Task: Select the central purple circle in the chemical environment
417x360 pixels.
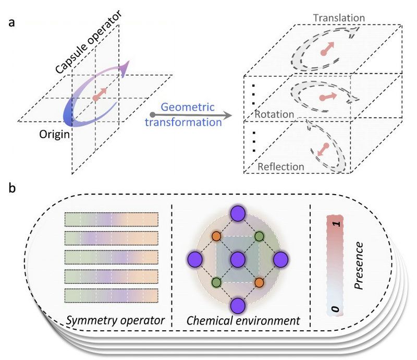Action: click(x=238, y=258)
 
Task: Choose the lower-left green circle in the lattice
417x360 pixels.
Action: click(x=216, y=282)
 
